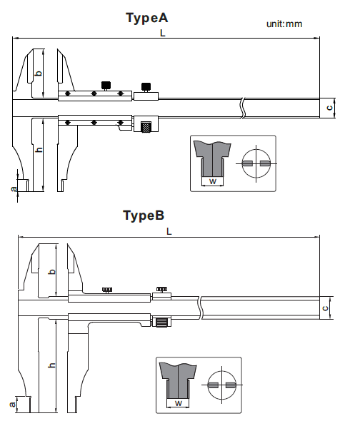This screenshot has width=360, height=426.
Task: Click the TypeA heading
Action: coord(147,18)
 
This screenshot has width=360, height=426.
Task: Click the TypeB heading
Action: coord(144,215)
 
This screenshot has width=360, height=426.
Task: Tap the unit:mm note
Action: coord(284,24)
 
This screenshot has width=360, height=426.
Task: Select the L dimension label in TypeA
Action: coord(163,33)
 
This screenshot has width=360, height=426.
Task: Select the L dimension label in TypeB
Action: coord(169,231)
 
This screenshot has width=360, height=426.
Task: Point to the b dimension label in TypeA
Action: coord(39,73)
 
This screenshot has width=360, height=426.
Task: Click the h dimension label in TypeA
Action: coord(39,149)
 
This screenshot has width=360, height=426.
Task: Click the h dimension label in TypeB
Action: coord(51,365)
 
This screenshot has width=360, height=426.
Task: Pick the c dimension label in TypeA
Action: coord(329,108)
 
